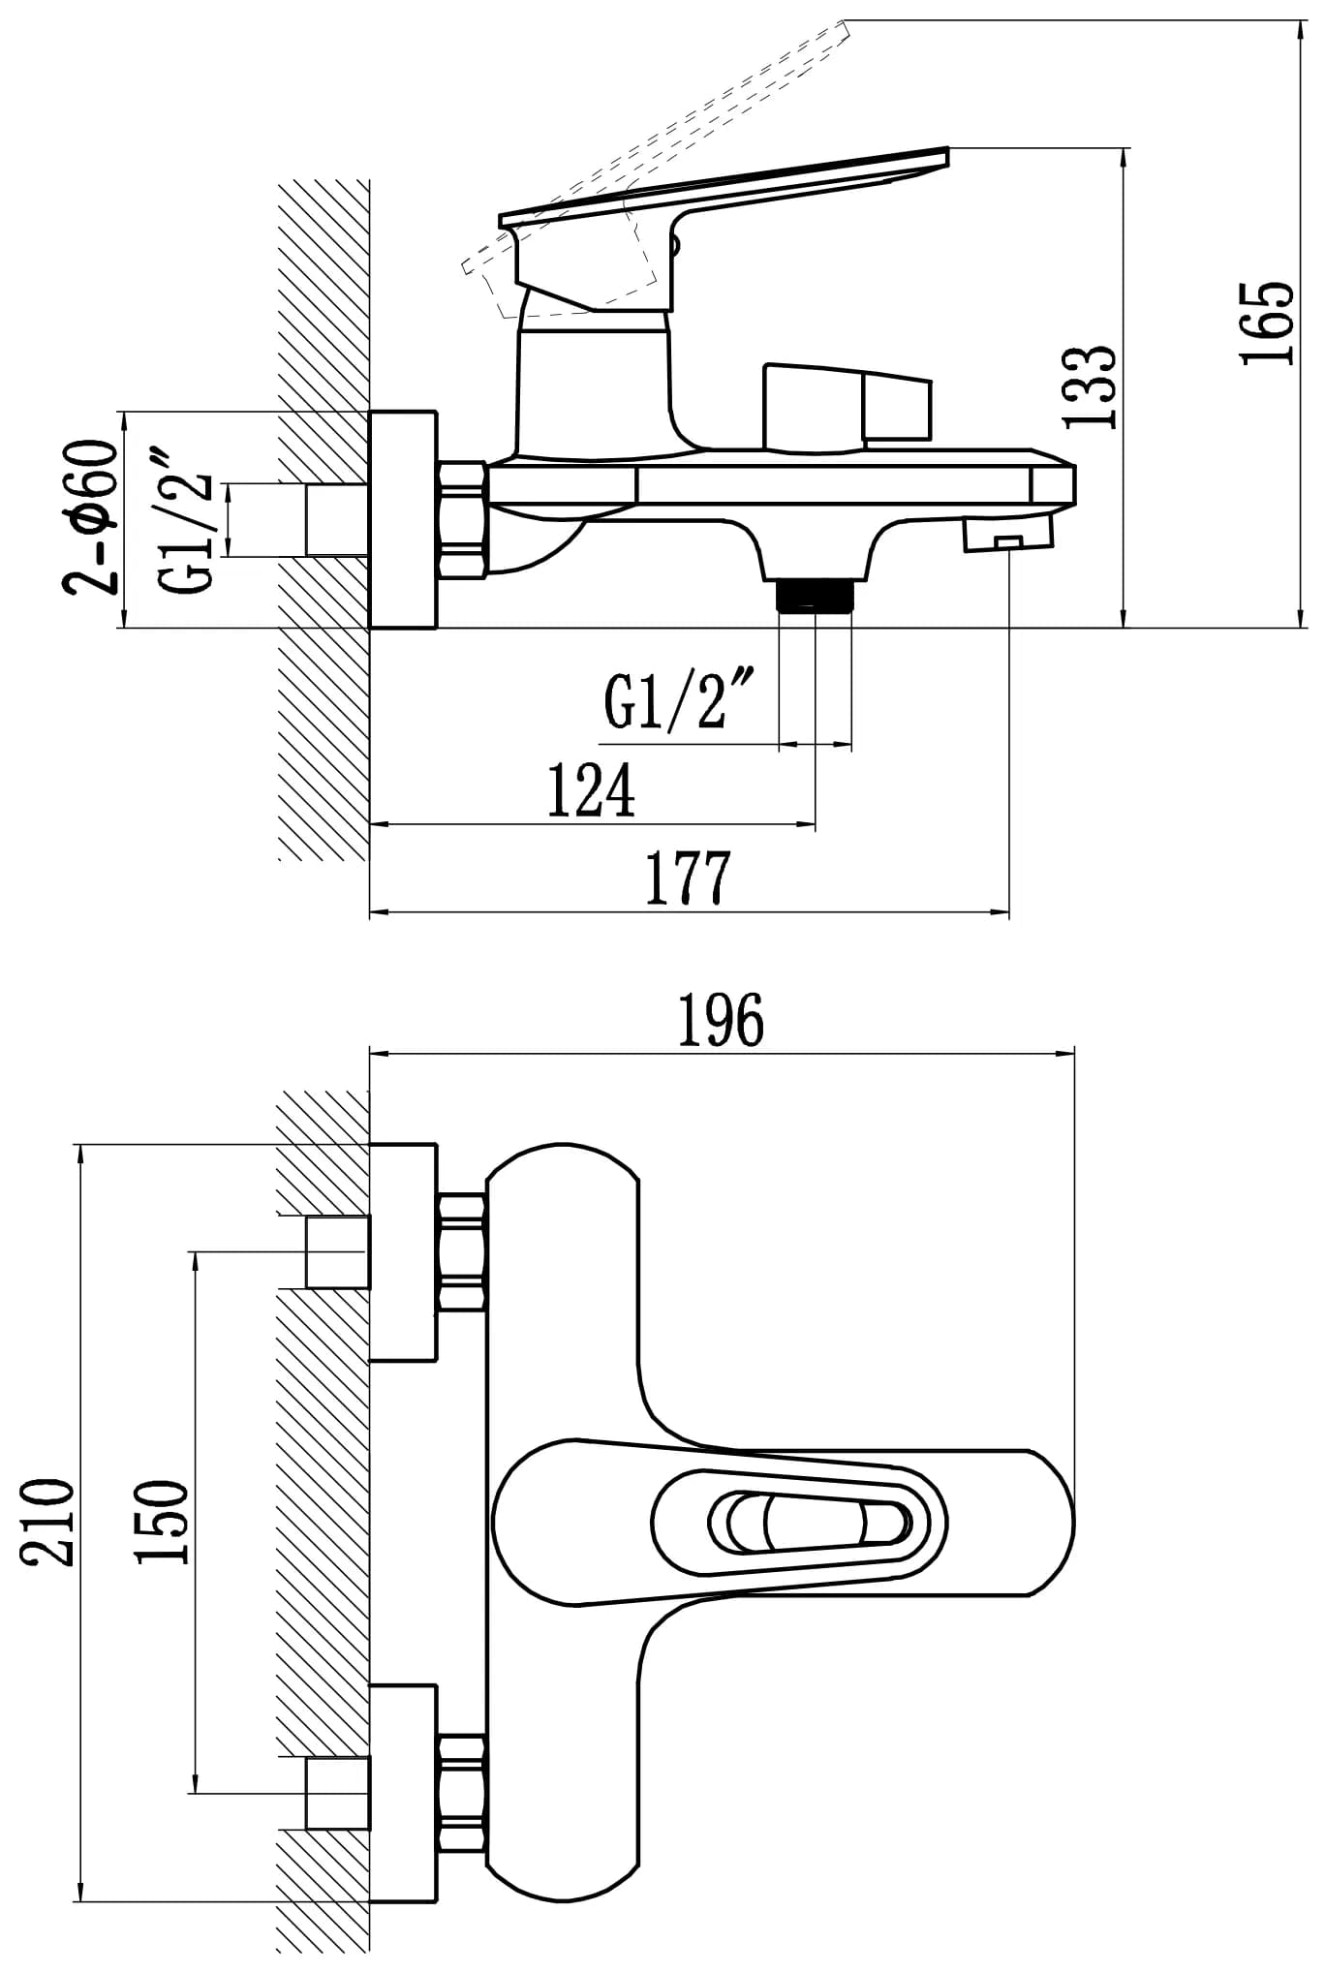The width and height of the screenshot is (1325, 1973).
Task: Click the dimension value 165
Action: [1268, 324]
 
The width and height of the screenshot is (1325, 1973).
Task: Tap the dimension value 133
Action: [1091, 385]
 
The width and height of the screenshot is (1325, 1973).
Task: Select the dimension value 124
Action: [591, 790]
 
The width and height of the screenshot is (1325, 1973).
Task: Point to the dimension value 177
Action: [688, 878]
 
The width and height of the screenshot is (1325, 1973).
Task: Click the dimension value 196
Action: [720, 1020]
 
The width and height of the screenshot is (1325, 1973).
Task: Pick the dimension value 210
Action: [47, 1521]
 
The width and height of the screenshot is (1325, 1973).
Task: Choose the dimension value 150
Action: [161, 1521]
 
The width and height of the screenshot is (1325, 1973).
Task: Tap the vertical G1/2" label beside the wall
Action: [186, 519]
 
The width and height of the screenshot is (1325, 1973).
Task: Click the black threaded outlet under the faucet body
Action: [816, 594]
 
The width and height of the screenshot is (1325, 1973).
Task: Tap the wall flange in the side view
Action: [404, 519]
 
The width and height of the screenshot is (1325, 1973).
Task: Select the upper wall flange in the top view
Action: [404, 1251]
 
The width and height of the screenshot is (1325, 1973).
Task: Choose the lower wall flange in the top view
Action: [404, 1793]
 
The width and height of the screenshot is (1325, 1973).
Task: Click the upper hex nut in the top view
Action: [462, 1251]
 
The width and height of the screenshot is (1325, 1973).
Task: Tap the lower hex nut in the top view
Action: [462, 1793]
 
